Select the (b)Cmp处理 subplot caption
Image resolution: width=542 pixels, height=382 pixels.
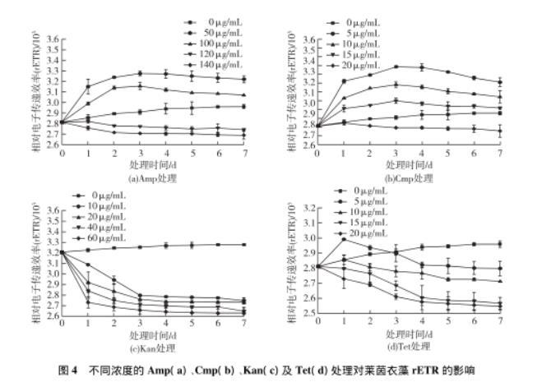pyautogui.click(x=408, y=177)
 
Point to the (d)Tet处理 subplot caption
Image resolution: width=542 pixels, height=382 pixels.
pyautogui.click(x=407, y=346)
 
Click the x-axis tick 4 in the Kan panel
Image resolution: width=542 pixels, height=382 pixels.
pyautogui.click(x=167, y=323)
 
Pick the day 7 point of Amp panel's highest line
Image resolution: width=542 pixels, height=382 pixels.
pyautogui.click(x=244, y=79)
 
